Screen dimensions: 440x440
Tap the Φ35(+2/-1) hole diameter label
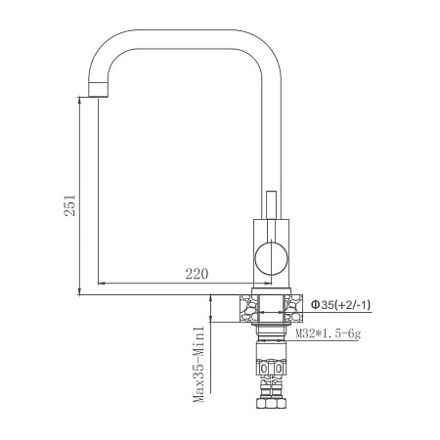(340, 306)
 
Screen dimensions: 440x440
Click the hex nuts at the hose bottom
(272, 408)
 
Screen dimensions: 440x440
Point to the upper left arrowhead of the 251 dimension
(78, 99)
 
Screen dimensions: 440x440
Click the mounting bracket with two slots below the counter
(272, 368)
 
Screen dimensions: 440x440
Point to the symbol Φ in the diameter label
(316, 306)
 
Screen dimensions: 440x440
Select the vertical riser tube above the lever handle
(272, 127)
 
